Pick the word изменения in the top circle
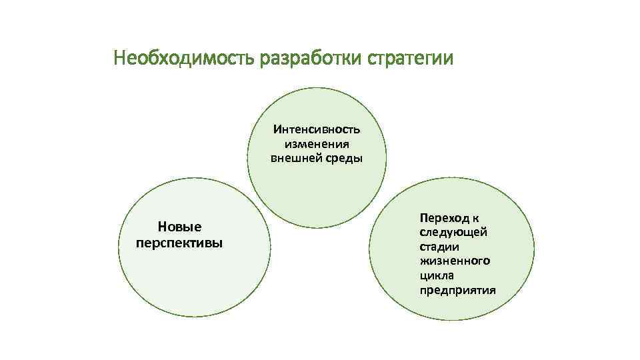click(317, 143)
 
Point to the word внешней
click(296, 158)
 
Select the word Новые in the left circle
click(179, 227)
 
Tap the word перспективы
click(179, 242)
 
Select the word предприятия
click(458, 290)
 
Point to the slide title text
click(283, 59)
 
